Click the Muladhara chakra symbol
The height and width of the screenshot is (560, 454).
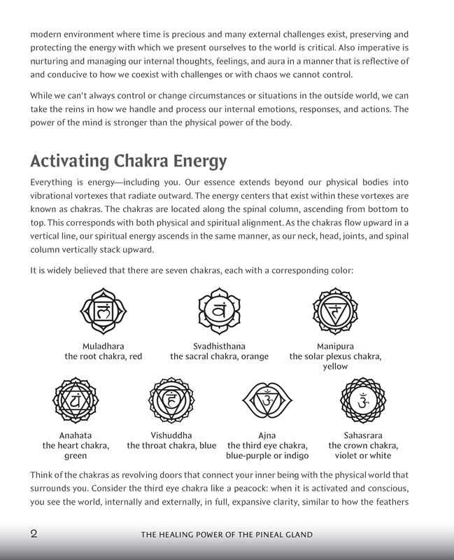[x=104, y=309]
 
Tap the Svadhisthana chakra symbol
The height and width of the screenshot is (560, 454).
[x=219, y=309]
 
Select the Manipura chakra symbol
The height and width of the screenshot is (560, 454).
[x=335, y=309]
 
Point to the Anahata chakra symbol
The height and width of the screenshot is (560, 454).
[x=76, y=400]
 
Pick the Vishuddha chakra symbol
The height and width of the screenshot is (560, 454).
[x=171, y=400]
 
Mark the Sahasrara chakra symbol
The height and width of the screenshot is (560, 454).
[x=363, y=400]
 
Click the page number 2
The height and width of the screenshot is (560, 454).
[x=34, y=533]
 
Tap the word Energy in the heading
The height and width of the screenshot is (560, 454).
[x=199, y=162]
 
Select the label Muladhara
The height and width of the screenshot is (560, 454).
[x=104, y=346]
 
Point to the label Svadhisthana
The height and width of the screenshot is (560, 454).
[x=219, y=346]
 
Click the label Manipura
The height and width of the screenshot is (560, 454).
[x=335, y=346]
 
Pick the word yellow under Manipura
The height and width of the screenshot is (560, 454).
[x=335, y=366]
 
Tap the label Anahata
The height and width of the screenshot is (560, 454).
[x=76, y=435]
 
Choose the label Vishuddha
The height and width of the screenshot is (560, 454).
[x=171, y=435]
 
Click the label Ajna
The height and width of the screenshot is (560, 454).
[x=267, y=435]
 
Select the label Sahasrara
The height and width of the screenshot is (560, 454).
[x=363, y=435]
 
